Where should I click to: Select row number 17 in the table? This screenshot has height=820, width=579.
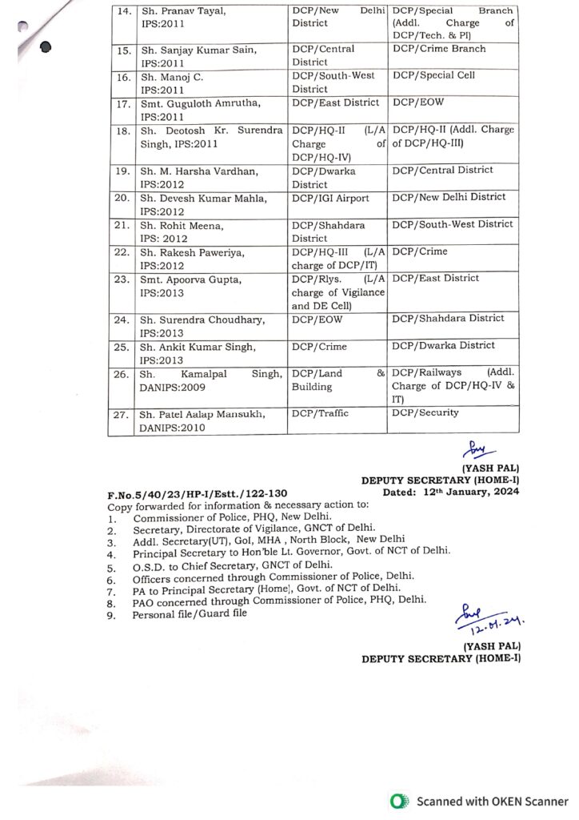[x=122, y=103]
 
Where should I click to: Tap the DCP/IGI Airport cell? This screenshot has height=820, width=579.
[x=330, y=198]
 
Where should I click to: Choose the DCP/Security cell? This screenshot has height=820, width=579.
[x=425, y=413]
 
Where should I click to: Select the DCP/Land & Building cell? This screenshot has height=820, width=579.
[x=337, y=380]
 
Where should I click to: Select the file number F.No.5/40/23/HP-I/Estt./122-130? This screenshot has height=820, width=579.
[x=198, y=494]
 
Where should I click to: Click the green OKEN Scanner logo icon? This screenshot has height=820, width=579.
[x=397, y=801]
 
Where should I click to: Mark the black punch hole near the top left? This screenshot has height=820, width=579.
[x=46, y=46]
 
